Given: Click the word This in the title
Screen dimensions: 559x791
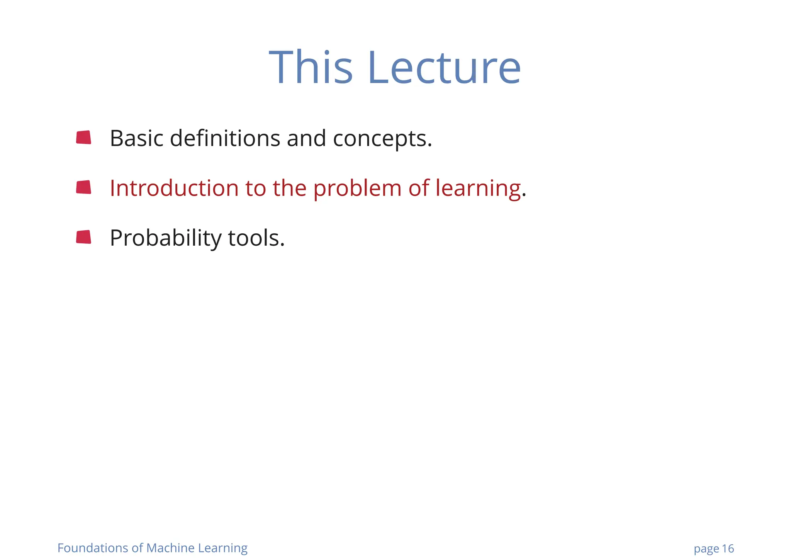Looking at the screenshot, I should click(311, 68).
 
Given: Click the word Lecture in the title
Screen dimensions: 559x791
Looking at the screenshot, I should click(444, 68).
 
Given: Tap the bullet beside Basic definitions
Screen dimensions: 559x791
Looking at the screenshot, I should click(83, 138).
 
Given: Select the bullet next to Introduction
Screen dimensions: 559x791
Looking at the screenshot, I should click(83, 187).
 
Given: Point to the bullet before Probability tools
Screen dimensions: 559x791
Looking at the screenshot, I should click(83, 237).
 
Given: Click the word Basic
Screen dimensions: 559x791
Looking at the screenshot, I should click(137, 138).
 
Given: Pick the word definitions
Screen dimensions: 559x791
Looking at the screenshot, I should click(225, 138).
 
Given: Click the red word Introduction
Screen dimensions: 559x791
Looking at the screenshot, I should click(174, 188).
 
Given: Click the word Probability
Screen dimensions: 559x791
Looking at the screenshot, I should click(165, 238).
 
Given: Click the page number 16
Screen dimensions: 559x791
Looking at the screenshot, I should click(728, 549).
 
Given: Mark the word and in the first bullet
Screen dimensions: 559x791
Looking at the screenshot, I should click(306, 138).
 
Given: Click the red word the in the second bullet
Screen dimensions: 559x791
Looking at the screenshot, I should click(289, 188).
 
